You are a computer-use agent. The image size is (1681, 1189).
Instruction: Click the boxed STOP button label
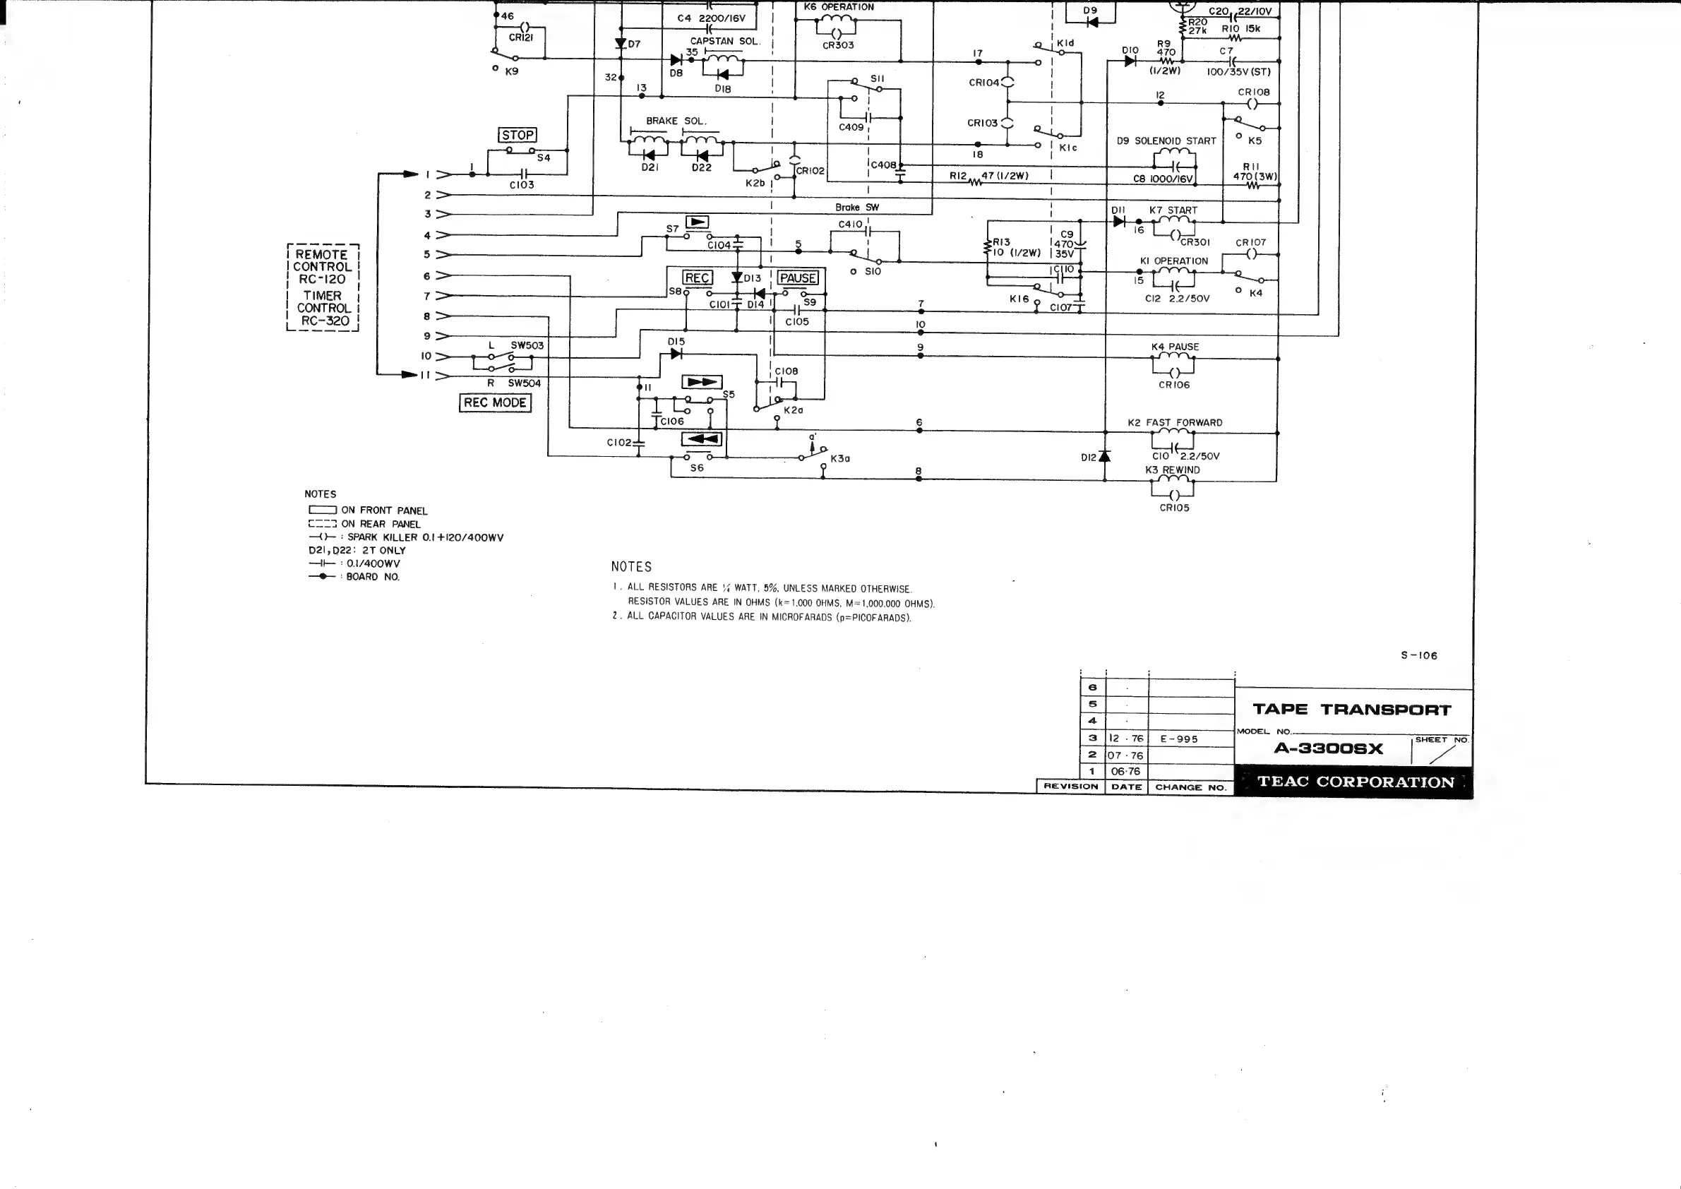tap(518, 136)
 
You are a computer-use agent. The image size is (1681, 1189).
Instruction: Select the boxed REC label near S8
tap(696, 278)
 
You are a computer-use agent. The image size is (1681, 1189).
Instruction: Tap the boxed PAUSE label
tap(797, 278)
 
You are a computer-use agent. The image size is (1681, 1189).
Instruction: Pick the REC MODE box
tap(495, 402)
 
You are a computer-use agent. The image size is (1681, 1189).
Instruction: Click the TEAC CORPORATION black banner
tap(1354, 782)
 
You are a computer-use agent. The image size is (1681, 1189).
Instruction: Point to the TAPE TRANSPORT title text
tap(1351, 710)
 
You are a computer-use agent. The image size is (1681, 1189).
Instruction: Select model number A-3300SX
tap(1328, 748)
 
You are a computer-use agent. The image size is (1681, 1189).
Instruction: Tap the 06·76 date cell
tap(1126, 771)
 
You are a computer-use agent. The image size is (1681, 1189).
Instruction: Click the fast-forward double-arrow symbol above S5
tap(701, 382)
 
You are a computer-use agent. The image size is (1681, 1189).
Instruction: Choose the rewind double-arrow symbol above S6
tap(701, 439)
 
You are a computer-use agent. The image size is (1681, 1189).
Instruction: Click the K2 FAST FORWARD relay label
tap(1174, 423)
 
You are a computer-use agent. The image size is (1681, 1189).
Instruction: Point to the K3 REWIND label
tap(1172, 470)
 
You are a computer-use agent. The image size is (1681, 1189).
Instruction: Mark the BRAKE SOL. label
tap(676, 121)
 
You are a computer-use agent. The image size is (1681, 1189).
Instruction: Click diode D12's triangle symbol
tap(1105, 457)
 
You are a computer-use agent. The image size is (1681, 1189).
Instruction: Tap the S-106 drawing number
tap(1418, 656)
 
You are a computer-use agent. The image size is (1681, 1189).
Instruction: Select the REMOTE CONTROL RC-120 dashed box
tap(323, 287)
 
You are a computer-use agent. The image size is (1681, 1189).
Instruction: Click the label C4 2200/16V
tap(710, 18)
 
